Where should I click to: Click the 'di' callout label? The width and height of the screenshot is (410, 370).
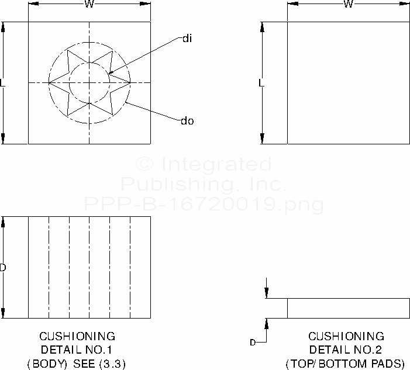coord(187,39)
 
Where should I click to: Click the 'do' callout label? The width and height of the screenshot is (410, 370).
coord(188,121)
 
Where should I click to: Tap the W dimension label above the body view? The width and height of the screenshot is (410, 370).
coord(89,5)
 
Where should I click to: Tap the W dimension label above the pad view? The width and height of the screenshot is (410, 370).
coord(348,5)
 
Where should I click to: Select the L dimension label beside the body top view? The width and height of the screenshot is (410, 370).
coord(3,83)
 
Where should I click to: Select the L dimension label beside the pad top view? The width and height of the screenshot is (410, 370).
coord(261,83)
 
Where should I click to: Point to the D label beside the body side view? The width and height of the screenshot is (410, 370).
coord(3,268)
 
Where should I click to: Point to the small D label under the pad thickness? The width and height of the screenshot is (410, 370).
coord(253,343)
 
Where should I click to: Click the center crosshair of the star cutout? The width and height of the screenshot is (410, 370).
coord(89,82)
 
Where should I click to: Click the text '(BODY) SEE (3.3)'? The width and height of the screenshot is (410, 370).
coord(77,363)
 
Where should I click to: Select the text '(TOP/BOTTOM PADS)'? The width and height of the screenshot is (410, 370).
coord(345,363)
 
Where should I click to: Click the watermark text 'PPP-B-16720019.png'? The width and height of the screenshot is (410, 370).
coord(204,204)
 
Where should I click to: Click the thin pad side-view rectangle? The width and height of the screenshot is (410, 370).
coord(348,308)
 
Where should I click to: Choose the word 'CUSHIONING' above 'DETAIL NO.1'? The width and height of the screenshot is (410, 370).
coord(77,336)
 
